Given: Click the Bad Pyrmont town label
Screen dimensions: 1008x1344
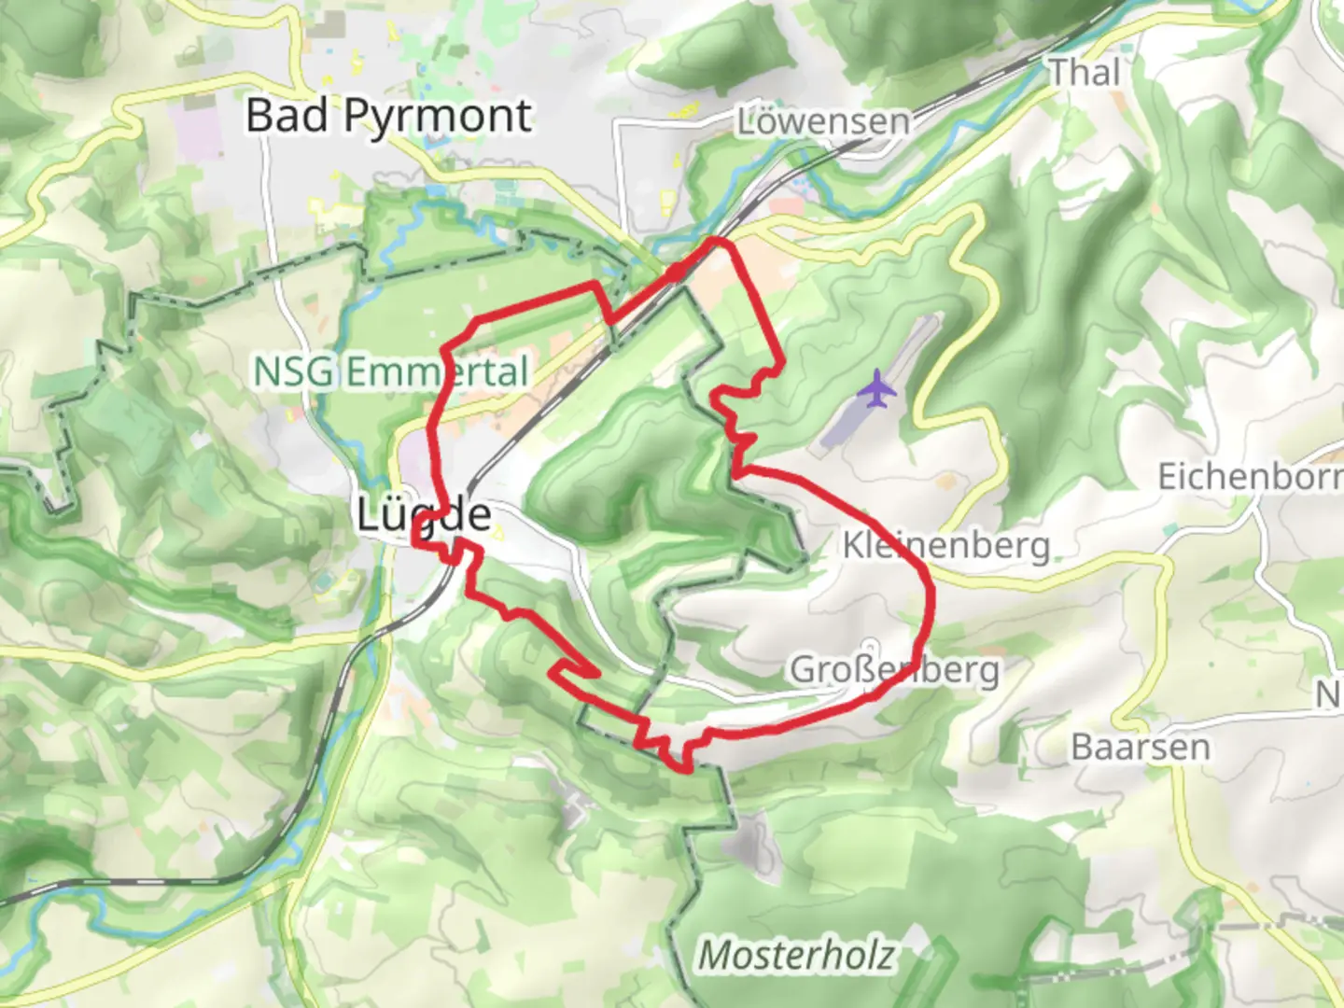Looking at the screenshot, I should coord(388,117).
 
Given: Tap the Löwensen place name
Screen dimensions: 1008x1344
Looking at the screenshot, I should coord(822,121).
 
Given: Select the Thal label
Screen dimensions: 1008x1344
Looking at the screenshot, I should coord(1084,72).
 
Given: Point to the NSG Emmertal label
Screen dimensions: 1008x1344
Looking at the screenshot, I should coord(391,372).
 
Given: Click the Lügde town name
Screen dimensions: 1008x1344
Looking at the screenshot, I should coord(425,514).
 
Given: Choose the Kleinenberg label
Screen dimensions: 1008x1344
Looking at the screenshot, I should coord(945,545).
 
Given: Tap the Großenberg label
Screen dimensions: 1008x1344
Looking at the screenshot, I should coord(894,669).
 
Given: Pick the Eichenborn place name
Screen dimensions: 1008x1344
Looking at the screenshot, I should coord(1250,477).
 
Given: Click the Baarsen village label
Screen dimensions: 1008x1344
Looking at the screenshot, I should coord(1140,747).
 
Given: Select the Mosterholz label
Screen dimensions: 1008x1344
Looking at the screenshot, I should coord(796,955).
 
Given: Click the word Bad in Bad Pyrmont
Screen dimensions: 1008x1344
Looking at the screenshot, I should coord(287,117).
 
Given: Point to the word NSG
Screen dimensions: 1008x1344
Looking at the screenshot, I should coord(293,372).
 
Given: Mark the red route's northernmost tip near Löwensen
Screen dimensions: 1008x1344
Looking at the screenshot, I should coord(717,241).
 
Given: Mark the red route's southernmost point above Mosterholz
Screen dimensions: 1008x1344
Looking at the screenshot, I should coord(688,769).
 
